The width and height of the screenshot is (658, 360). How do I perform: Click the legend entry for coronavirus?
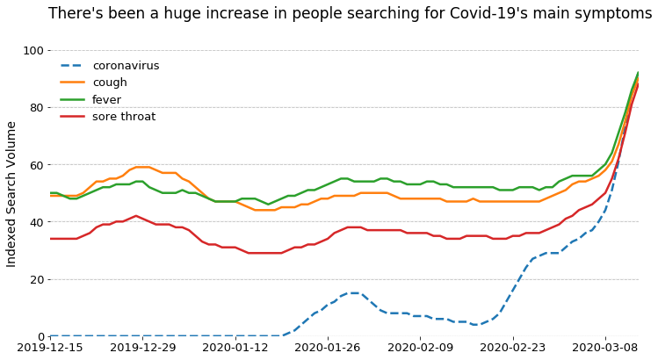(x=126, y=66)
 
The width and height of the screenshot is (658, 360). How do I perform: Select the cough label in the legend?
(x=110, y=83)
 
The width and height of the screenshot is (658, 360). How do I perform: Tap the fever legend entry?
(x=106, y=99)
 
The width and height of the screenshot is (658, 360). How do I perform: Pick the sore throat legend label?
(x=124, y=116)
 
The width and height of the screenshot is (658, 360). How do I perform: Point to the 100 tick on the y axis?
(x=33, y=51)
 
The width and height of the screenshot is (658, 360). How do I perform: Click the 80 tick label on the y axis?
(x=37, y=108)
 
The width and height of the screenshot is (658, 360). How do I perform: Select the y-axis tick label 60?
(x=37, y=165)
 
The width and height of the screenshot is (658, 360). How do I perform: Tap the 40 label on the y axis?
(x=37, y=222)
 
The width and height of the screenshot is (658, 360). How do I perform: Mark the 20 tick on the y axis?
(x=37, y=279)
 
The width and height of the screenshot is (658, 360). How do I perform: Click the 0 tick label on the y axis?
(x=40, y=336)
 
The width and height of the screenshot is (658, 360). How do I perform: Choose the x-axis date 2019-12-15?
(x=50, y=348)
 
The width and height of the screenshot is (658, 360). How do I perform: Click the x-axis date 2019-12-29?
(x=142, y=348)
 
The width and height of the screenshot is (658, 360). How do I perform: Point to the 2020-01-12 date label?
(x=235, y=348)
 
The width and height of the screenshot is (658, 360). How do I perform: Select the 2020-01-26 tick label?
(x=328, y=348)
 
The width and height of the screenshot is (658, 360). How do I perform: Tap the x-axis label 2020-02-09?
(x=420, y=348)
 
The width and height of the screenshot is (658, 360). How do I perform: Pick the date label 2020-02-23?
(x=513, y=348)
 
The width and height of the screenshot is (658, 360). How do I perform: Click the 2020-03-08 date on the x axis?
(x=605, y=348)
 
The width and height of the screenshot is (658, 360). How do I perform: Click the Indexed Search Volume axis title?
(x=11, y=194)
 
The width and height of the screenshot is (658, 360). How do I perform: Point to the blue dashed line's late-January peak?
(x=355, y=293)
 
